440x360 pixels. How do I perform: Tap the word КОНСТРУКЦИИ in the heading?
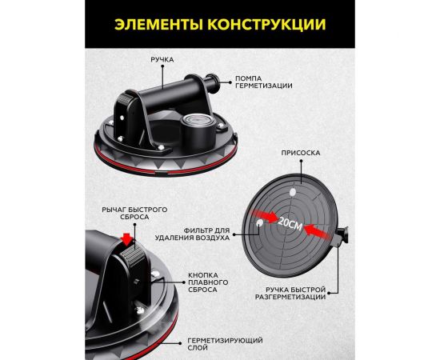point(270,24)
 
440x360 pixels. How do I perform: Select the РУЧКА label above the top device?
point(163,58)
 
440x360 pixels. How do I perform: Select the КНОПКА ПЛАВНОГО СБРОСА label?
point(208,282)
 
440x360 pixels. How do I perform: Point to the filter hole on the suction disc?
point(262,225)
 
